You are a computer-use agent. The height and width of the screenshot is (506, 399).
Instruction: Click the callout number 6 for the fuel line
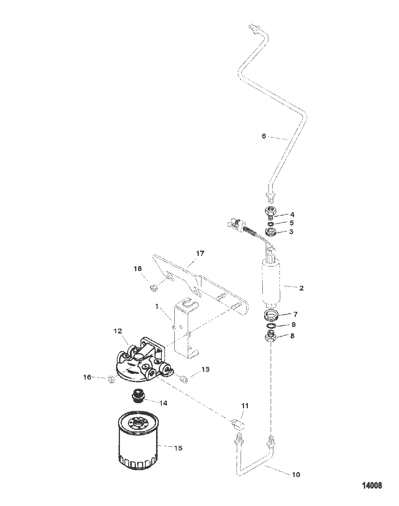click(x=264, y=136)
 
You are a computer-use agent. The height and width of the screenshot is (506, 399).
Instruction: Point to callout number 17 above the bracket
click(x=200, y=253)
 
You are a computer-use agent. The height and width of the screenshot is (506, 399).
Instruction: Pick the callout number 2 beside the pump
click(x=301, y=288)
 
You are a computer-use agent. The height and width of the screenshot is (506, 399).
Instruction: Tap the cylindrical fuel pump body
click(x=271, y=283)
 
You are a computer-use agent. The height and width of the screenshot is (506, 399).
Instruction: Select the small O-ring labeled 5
click(x=271, y=223)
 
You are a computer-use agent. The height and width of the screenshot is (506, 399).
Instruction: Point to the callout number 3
click(x=291, y=231)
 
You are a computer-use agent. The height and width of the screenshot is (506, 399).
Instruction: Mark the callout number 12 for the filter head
click(x=118, y=331)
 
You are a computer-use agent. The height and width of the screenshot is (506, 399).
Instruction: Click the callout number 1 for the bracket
click(x=157, y=306)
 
